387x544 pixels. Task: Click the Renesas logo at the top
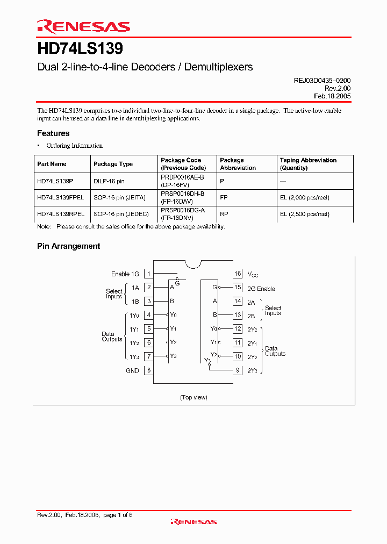pos(83,26)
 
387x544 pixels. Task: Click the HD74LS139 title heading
pos(80,49)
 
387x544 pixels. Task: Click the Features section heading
pos(53,133)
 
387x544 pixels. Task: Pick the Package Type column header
pos(113,164)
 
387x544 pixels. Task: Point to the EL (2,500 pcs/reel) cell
pos(304,214)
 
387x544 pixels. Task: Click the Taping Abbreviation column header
pos(308,160)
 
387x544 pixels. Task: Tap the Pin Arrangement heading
pos(68,246)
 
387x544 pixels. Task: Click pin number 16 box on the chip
pos(238,274)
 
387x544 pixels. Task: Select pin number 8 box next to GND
pos(149,370)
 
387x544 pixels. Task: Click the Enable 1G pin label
pos(125,274)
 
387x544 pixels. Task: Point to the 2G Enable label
pos(261,289)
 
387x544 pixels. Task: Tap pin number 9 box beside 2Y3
pos(238,370)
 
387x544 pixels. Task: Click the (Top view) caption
pos(193,397)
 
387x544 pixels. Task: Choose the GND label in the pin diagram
pos(132,370)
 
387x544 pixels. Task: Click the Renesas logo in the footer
pos(193,521)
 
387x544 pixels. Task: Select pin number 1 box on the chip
pos(149,274)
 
